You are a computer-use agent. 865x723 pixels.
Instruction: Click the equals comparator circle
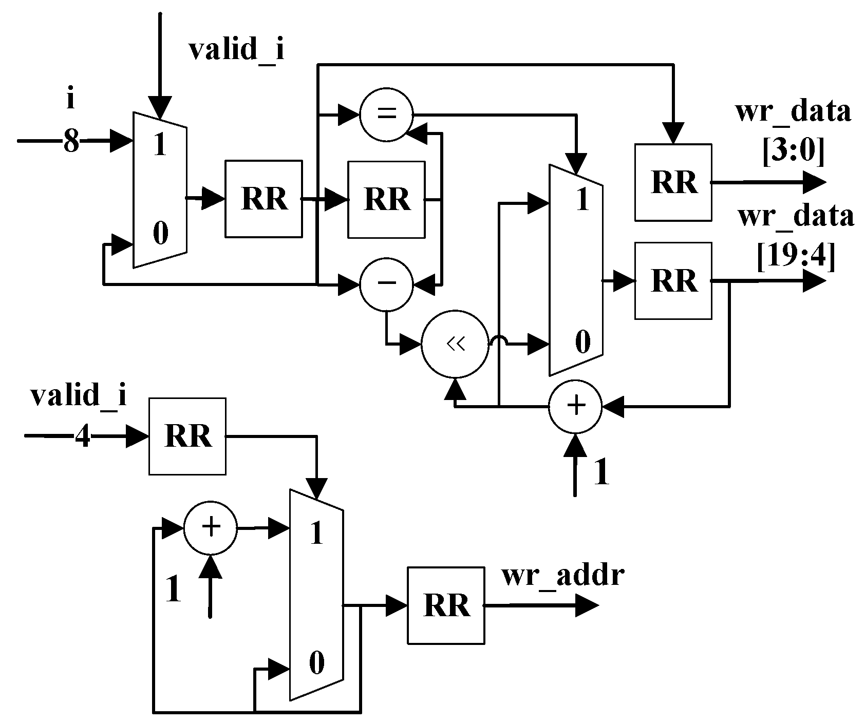[386, 114]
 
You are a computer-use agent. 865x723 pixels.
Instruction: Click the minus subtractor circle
[386, 284]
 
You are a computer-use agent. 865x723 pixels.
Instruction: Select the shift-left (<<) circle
[455, 345]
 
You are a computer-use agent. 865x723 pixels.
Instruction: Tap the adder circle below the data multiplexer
[575, 406]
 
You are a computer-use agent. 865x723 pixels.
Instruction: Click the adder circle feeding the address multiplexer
[211, 528]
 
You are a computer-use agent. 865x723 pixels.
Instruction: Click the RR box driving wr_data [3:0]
[673, 182]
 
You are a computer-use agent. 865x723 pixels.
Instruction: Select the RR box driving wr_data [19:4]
[673, 281]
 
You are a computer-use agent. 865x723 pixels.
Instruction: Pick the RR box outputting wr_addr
[446, 605]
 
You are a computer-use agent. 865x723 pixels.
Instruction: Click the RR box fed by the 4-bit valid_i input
[187, 436]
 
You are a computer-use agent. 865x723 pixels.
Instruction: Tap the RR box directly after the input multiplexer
[264, 199]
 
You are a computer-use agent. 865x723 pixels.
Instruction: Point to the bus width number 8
[71, 140]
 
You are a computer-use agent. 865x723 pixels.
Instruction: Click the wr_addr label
[562, 575]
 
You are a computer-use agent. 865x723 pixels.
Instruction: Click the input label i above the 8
[70, 99]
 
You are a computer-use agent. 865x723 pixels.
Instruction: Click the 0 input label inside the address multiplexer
[316, 663]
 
